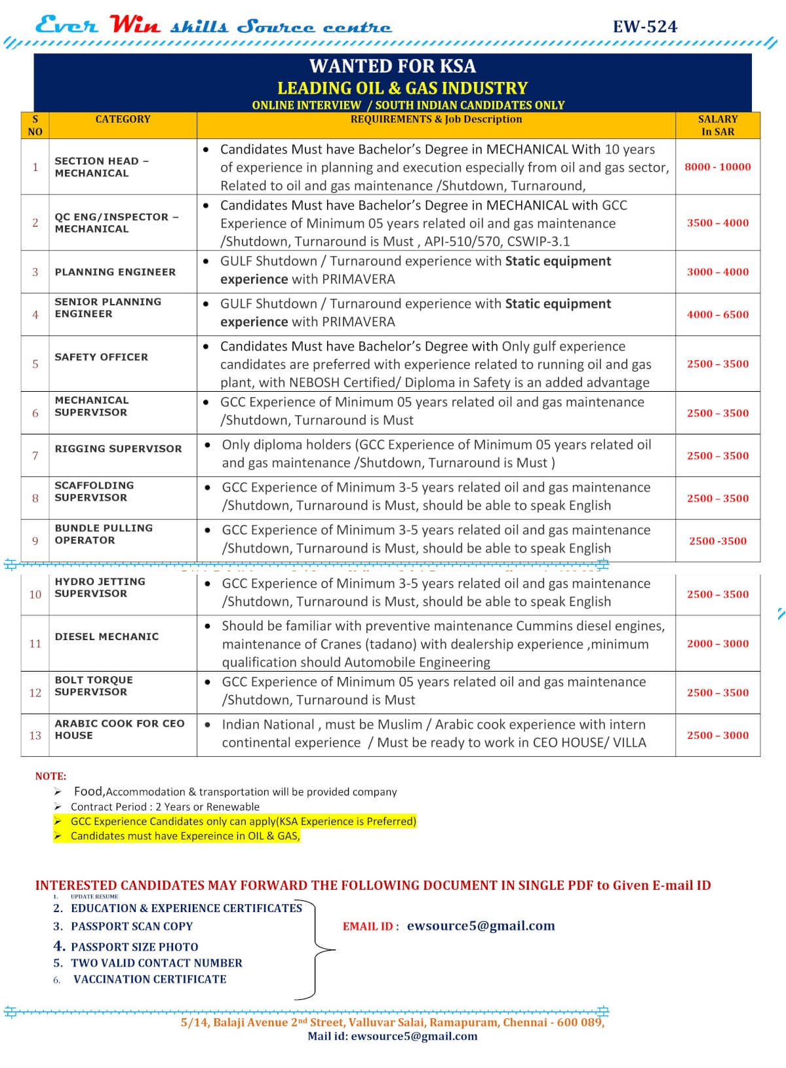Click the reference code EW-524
(644, 27)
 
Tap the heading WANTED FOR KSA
(392, 66)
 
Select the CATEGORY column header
(123, 119)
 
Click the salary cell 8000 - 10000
(717, 167)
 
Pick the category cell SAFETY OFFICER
(101, 357)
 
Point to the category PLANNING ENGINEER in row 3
(115, 272)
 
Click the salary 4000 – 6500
(717, 315)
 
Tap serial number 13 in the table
(35, 735)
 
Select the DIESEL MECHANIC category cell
(106, 637)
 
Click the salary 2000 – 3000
(717, 643)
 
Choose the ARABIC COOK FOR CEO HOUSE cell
(119, 729)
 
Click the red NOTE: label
(50, 776)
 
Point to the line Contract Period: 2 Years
(165, 807)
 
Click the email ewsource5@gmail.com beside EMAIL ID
(481, 926)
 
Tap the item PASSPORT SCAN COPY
(131, 926)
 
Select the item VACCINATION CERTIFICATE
(149, 979)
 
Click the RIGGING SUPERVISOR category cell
(118, 449)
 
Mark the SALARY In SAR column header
(717, 125)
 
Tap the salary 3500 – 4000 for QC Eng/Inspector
(717, 223)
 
